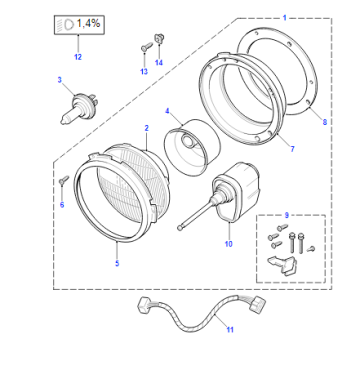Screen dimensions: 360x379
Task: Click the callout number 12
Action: pyautogui.click(x=78, y=57)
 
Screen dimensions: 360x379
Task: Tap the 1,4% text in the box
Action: pyautogui.click(x=88, y=23)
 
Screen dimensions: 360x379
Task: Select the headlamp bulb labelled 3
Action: pyautogui.click(x=79, y=107)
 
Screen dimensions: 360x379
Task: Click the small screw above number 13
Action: pyautogui.click(x=145, y=47)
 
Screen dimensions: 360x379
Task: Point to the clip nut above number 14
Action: pyautogui.click(x=158, y=38)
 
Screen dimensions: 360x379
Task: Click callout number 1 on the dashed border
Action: pyautogui.click(x=284, y=17)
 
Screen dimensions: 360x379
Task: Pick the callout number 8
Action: pyautogui.click(x=325, y=122)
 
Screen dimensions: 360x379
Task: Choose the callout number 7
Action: pyautogui.click(x=292, y=149)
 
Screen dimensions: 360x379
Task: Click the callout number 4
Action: pyautogui.click(x=167, y=111)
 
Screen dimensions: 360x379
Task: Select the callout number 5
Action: pyautogui.click(x=117, y=263)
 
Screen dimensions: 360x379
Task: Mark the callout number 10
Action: pyautogui.click(x=228, y=244)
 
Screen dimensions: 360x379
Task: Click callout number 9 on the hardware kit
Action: pyautogui.click(x=287, y=215)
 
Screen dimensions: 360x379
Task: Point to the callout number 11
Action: pyautogui.click(x=230, y=330)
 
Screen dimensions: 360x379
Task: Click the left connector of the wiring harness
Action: pyautogui.click(x=144, y=305)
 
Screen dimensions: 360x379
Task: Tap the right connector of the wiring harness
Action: pyautogui.click(x=258, y=303)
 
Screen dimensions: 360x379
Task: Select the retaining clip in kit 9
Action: pyautogui.click(x=282, y=265)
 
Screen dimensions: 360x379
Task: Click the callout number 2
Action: pyautogui.click(x=146, y=128)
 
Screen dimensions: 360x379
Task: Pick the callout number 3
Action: pyautogui.click(x=60, y=80)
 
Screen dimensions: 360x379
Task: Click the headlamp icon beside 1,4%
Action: pyautogui.click(x=67, y=24)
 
